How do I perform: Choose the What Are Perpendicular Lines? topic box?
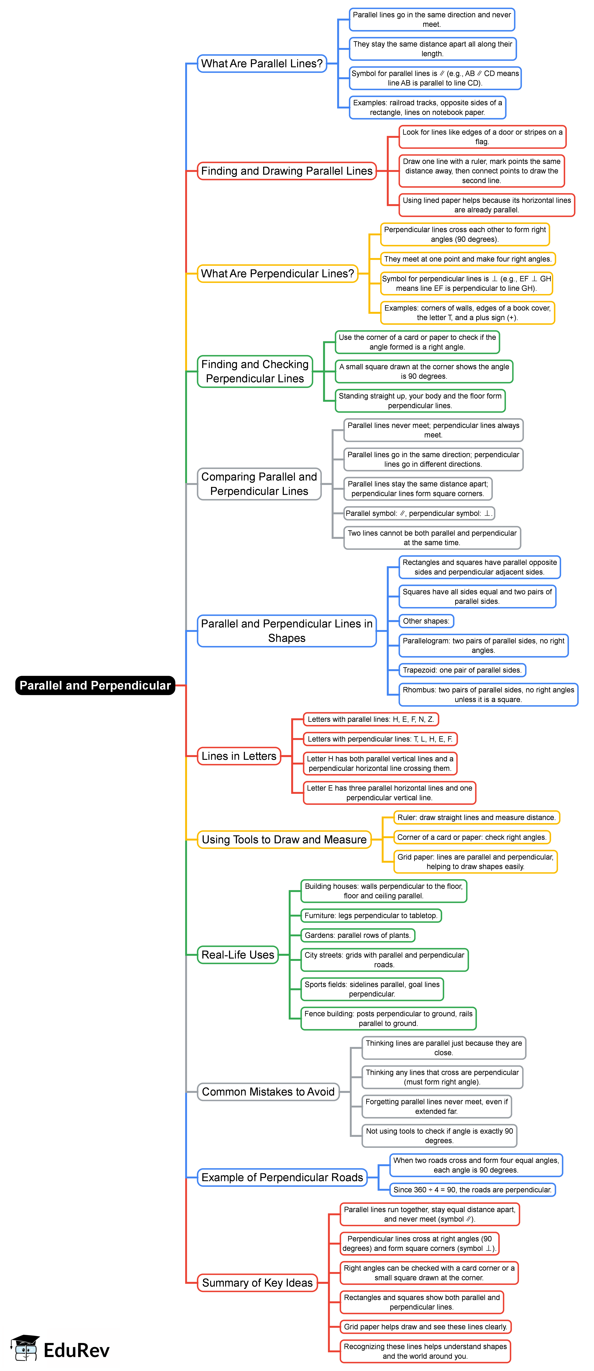277,273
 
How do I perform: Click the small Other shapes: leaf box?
426,621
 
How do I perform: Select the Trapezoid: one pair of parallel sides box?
462,670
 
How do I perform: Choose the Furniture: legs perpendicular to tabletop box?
371,915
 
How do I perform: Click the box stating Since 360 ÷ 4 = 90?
472,1190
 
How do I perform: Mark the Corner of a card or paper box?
472,837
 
